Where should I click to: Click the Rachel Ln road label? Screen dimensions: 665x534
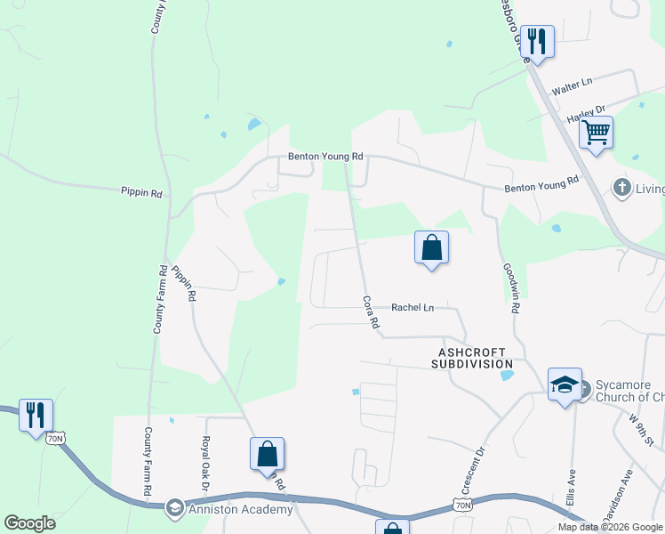tap(413, 308)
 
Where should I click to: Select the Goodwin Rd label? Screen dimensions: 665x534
tap(510, 289)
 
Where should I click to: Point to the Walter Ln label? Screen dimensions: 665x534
tap(572, 87)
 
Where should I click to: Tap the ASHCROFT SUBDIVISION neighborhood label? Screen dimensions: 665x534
tap(472, 358)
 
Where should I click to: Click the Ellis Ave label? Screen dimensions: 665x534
tap(571, 484)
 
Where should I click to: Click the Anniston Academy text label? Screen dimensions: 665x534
tap(242, 509)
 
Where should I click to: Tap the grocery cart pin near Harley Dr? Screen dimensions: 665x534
tap(596, 133)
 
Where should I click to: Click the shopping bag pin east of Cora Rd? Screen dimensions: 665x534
tap(431, 247)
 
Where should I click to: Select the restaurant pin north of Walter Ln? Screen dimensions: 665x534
tap(537, 42)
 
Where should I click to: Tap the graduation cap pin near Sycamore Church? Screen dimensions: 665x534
tap(565, 384)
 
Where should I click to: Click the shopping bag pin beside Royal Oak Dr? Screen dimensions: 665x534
tap(267, 454)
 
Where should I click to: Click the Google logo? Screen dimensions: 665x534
tap(29, 523)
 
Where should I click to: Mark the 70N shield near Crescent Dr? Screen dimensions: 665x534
tap(462, 506)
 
